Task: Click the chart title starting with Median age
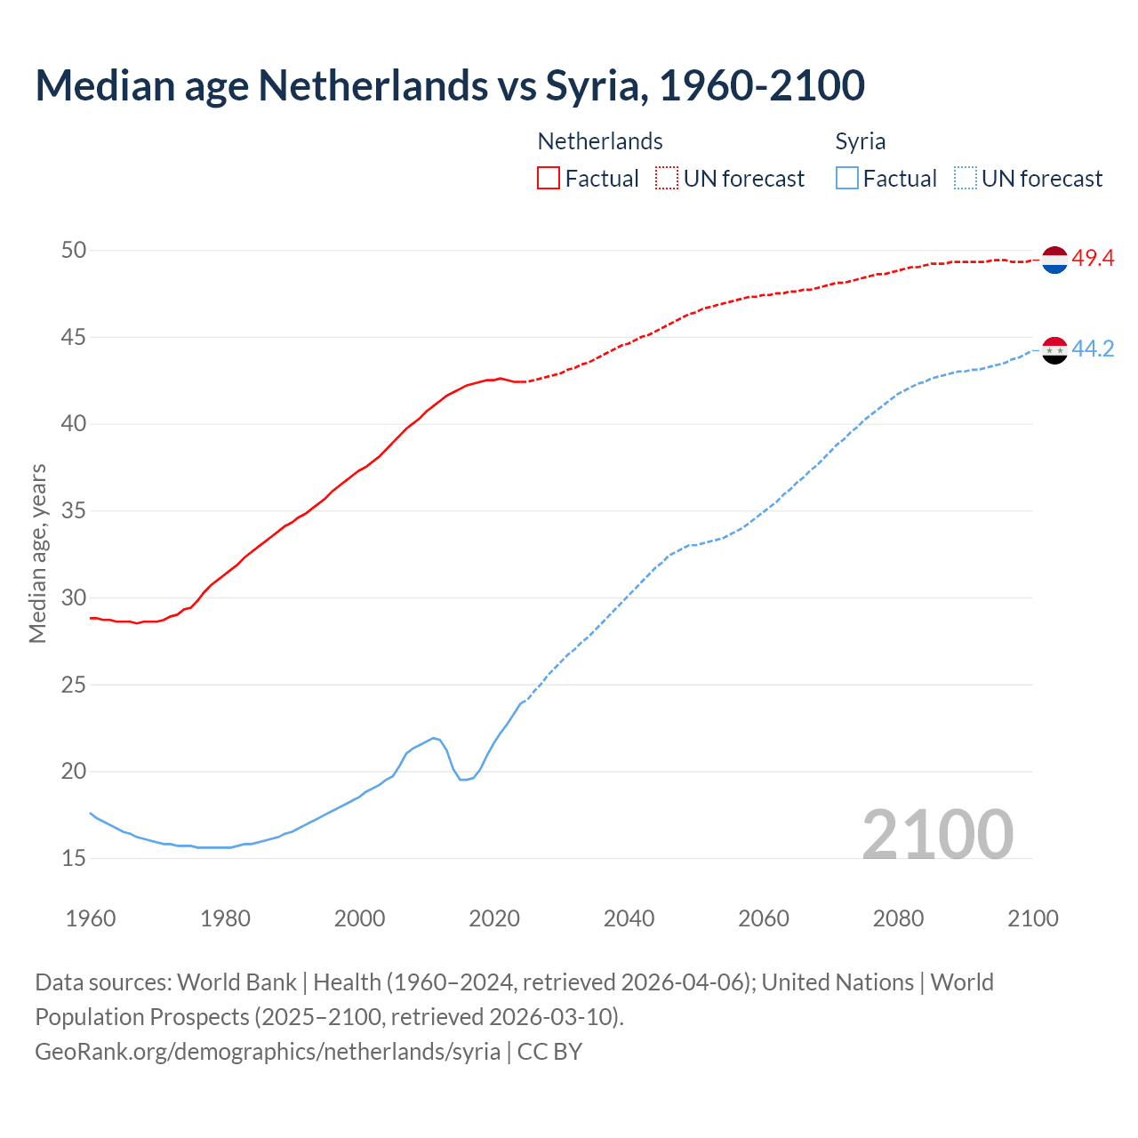[450, 85]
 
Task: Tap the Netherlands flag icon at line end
[1054, 260]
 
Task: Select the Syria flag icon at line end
[1054, 350]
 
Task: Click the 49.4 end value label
[1093, 259]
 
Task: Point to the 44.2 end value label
[1093, 349]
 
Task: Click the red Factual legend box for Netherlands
[549, 178]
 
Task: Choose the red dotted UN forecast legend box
[667, 178]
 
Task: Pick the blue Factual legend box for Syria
[847, 178]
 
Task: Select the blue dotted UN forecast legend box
[965, 178]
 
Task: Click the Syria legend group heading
[860, 141]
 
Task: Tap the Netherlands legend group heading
[600, 141]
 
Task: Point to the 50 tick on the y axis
[74, 251]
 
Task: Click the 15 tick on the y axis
[74, 859]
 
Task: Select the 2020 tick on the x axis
[494, 918]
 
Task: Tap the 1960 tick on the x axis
[91, 918]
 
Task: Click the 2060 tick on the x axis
[764, 918]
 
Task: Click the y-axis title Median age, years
[37, 553]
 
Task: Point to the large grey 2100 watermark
[937, 834]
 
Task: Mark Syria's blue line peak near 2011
[434, 738]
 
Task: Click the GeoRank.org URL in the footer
[268, 1052]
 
